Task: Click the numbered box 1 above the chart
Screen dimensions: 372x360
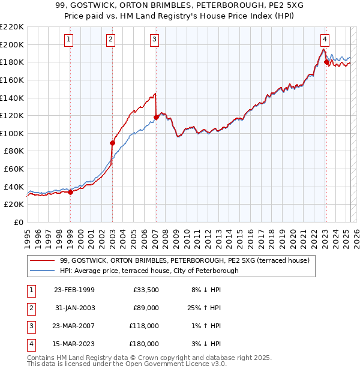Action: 70,40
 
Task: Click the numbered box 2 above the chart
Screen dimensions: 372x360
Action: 112,40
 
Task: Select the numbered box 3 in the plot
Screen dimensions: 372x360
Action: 155,40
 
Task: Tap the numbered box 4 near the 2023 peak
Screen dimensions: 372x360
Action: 325,40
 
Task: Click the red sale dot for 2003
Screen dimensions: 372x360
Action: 112,143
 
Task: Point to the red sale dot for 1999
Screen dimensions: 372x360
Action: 70,192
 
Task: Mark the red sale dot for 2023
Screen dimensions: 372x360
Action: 326,62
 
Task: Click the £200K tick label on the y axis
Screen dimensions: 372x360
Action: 12,44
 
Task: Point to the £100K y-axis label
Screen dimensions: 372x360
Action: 12,133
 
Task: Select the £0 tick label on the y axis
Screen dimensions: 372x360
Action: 18,222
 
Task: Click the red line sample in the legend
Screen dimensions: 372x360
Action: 42,261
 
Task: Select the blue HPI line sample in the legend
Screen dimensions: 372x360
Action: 42,271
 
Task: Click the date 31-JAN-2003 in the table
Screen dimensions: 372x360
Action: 74,308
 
